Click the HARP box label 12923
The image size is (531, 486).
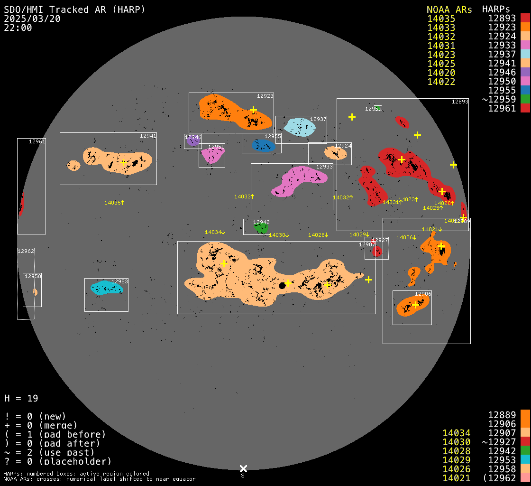(265, 96)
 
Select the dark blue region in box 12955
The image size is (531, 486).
(262, 145)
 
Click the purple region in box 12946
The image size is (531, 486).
(192, 141)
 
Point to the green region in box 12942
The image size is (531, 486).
(261, 228)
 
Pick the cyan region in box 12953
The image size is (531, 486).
(105, 288)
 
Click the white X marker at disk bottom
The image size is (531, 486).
(243, 468)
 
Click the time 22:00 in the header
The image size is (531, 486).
(18, 28)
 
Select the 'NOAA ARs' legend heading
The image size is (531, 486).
(449, 9)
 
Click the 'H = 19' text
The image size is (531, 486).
(21, 398)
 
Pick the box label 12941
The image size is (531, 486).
(148, 136)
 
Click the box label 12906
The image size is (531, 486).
(423, 294)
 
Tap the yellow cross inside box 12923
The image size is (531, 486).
(253, 110)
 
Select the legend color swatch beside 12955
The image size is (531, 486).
(525, 91)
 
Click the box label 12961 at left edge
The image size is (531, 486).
(37, 141)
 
